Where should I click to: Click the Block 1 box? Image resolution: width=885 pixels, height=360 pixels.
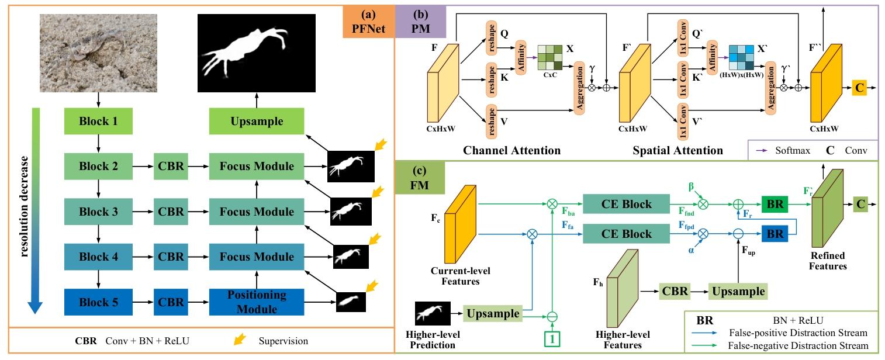click(x=98, y=122)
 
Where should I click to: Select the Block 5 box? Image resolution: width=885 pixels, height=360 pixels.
click(x=98, y=303)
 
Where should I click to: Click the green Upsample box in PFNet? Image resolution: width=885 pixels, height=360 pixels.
click(x=257, y=122)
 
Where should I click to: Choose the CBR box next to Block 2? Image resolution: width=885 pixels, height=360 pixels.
click(x=171, y=167)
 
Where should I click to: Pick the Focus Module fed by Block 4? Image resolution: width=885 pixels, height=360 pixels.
click(x=257, y=257)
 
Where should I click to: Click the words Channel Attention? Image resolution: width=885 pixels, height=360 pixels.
click(x=511, y=151)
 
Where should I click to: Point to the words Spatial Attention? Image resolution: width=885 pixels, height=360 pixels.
click(x=677, y=151)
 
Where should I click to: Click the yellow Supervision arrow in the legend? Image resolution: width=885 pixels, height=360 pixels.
click(x=239, y=340)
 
